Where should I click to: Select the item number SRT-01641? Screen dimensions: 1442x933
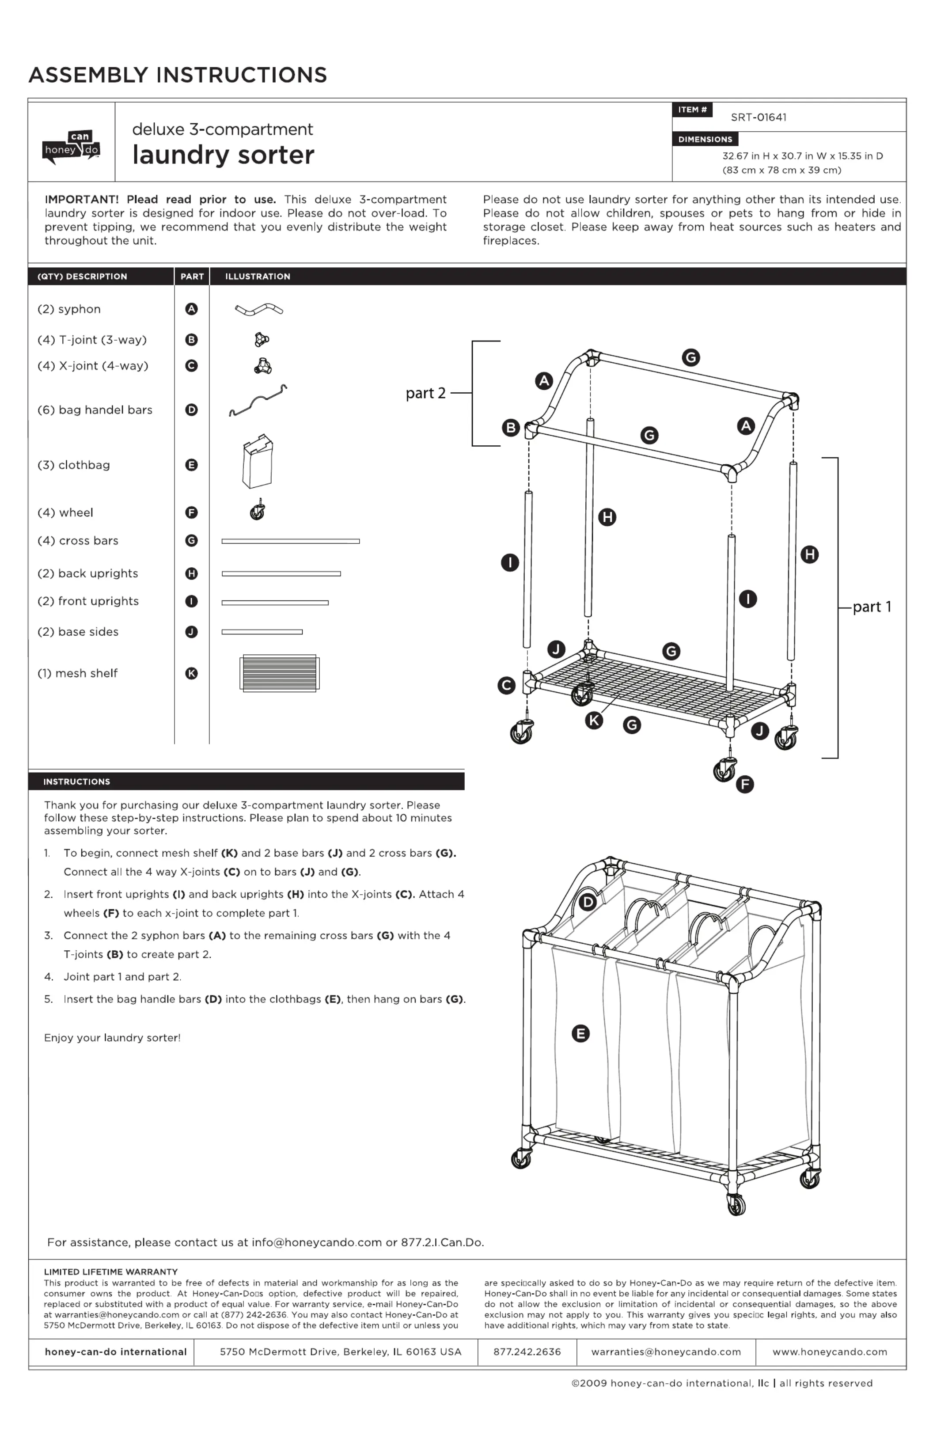(758, 118)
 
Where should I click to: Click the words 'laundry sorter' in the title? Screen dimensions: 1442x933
(223, 155)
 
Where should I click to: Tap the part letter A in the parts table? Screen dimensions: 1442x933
(191, 309)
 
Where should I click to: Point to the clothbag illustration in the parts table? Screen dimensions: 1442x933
(258, 461)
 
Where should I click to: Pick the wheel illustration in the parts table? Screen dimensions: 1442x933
(258, 511)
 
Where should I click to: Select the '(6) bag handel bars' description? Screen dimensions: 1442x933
(95, 410)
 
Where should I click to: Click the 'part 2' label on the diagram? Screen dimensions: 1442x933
(425, 394)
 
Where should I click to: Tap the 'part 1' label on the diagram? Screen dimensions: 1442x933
(871, 607)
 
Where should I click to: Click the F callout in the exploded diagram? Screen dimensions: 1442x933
(744, 785)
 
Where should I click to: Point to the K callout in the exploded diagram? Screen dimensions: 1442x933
(594, 721)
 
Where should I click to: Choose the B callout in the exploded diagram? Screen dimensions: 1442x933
(511, 428)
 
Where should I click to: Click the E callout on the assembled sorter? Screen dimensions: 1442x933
(580, 1034)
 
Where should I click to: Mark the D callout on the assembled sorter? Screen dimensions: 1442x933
(588, 902)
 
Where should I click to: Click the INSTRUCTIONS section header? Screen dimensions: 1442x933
(77, 782)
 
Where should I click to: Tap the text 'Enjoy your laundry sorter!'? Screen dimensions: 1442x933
(112, 1038)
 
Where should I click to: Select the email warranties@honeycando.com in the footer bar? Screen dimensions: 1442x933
(666, 1352)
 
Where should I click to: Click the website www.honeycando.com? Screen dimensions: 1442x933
(829, 1352)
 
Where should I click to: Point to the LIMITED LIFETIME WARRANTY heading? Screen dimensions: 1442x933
(111, 1272)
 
